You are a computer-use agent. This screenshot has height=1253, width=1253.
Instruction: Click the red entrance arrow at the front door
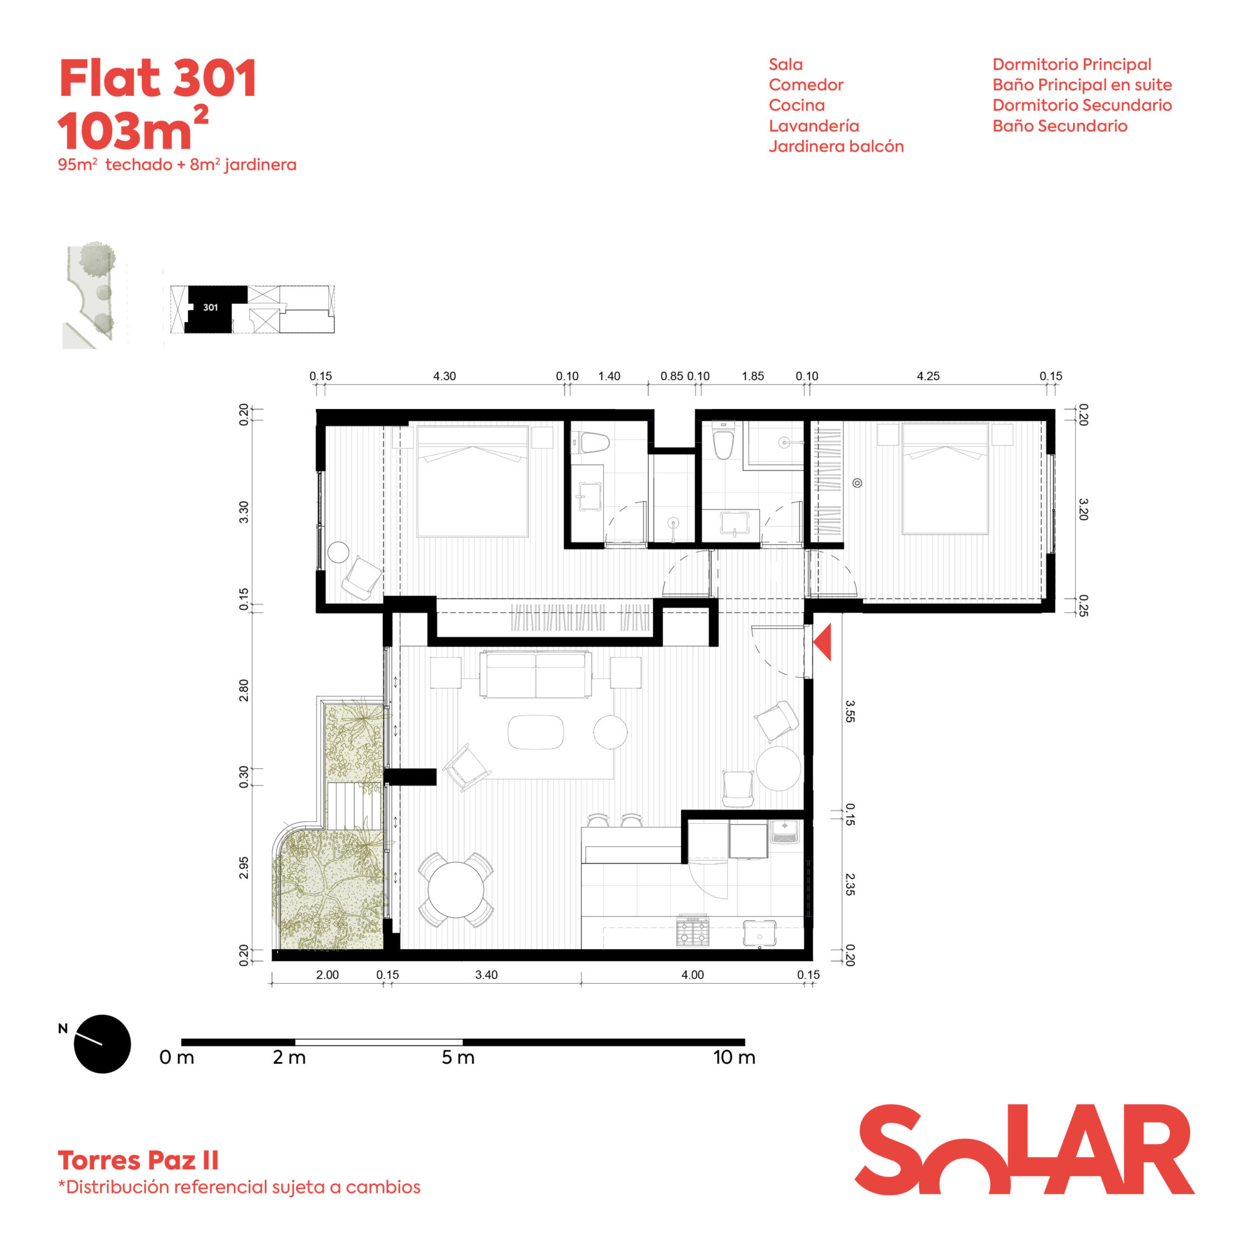(x=824, y=643)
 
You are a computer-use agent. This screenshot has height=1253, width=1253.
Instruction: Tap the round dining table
(x=456, y=890)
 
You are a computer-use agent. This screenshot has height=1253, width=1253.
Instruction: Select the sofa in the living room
(x=536, y=675)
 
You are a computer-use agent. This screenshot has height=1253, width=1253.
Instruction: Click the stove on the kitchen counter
(x=693, y=931)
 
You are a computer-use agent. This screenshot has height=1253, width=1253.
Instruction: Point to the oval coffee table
(x=536, y=732)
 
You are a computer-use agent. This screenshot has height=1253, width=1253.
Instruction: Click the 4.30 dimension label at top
(x=444, y=376)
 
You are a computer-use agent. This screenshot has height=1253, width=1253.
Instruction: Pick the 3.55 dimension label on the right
(x=850, y=711)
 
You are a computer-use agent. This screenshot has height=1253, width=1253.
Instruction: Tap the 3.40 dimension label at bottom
(x=486, y=975)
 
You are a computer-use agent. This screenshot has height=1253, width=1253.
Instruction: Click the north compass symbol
(x=103, y=1044)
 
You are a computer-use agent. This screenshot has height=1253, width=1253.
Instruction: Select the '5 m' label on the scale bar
(x=458, y=1058)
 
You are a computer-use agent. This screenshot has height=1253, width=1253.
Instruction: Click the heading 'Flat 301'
(x=159, y=78)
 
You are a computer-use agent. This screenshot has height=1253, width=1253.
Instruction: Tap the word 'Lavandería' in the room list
(x=814, y=126)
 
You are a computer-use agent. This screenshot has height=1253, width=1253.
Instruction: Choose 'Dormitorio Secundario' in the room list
(x=1082, y=105)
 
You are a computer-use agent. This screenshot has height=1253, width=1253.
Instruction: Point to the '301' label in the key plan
(x=210, y=308)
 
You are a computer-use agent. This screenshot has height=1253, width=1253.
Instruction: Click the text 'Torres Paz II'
(x=138, y=1160)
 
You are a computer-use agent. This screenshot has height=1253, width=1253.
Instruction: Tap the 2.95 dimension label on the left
(x=244, y=867)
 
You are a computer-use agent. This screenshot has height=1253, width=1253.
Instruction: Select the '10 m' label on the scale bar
(x=734, y=1058)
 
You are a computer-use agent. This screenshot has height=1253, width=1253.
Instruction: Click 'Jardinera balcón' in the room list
(x=836, y=147)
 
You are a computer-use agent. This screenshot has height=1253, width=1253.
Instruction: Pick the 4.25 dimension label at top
(x=928, y=376)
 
